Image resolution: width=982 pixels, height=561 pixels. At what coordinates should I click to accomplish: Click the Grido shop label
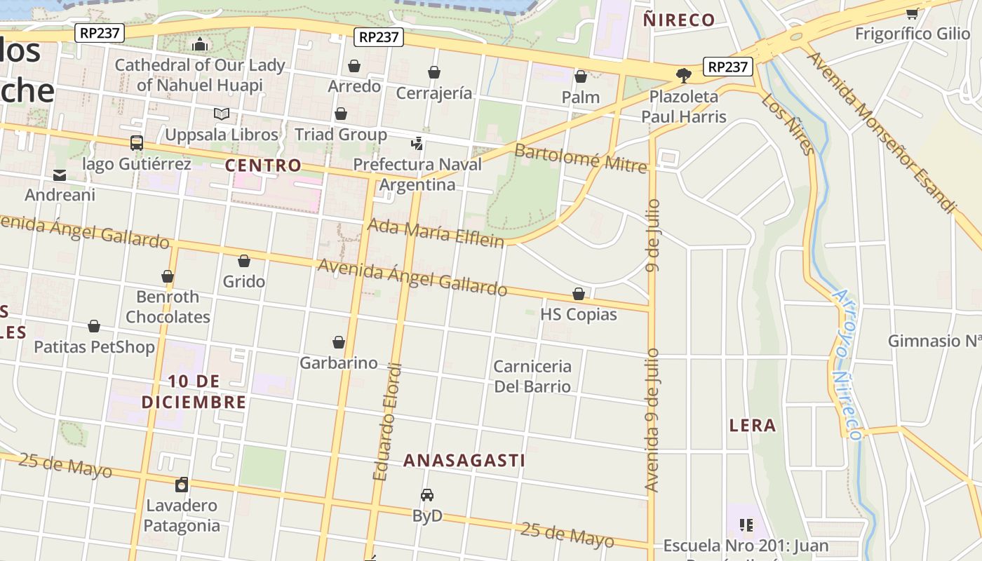(244, 281)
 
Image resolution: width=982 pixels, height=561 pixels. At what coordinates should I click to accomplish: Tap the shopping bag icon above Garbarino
(339, 342)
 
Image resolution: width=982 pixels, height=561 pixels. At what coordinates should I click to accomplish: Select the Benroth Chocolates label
(168, 306)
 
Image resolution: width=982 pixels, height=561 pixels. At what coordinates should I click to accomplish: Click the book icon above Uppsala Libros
(222, 114)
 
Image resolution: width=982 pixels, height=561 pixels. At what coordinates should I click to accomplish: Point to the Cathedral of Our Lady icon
(200, 45)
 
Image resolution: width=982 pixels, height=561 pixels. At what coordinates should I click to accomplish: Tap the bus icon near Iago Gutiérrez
(137, 143)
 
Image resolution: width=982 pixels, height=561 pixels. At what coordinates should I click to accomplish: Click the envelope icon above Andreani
(60, 175)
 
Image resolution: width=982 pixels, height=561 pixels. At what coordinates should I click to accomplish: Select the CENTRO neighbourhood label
(263, 165)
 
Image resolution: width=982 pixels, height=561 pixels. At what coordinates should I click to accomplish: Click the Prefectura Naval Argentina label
(417, 175)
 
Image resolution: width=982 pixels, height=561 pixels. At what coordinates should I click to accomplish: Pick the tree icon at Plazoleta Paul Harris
(684, 75)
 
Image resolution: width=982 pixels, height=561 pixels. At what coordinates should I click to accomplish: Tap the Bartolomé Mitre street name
(580, 158)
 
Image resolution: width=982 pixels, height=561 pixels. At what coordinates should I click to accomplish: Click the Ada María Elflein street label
(436, 233)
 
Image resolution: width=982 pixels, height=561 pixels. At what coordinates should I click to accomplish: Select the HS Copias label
(579, 314)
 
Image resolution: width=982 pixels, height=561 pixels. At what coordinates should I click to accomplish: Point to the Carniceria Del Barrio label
(532, 377)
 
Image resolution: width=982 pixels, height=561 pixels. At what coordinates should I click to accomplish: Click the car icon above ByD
(427, 495)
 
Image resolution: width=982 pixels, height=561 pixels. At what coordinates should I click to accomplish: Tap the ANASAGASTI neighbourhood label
(464, 460)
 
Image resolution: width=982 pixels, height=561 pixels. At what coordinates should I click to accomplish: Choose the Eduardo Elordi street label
(387, 421)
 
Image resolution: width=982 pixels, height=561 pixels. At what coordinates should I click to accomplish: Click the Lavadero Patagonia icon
(182, 485)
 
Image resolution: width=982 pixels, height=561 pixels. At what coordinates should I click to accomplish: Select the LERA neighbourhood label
(753, 425)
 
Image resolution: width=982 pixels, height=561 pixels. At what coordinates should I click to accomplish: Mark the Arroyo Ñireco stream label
(846, 365)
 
